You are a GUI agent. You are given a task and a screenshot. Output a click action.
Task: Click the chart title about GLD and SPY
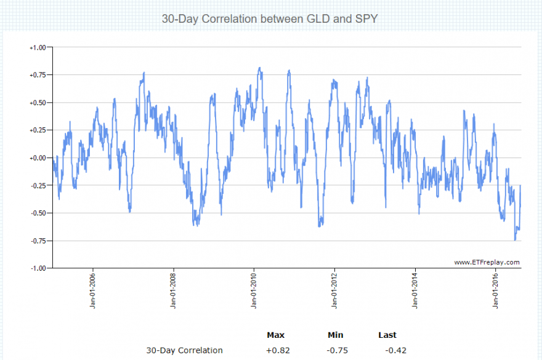click(270, 19)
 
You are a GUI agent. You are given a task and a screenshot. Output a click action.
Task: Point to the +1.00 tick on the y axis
click(38, 47)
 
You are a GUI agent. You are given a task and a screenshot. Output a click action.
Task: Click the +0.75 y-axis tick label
click(38, 75)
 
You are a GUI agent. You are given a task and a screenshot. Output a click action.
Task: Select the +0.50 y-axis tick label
click(38, 103)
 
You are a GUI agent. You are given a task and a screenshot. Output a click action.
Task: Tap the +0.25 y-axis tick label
click(38, 130)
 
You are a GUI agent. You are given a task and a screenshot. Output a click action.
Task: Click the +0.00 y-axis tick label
click(38, 158)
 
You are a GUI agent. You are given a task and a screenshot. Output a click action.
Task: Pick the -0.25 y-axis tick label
click(38, 186)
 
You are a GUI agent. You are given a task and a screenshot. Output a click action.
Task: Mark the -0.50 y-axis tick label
click(38, 214)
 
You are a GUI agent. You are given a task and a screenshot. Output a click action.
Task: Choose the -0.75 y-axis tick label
click(38, 241)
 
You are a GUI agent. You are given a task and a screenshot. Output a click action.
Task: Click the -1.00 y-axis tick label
click(38, 268)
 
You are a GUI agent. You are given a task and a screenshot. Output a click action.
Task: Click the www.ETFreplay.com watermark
click(487, 262)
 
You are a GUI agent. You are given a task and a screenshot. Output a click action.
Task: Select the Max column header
click(275, 335)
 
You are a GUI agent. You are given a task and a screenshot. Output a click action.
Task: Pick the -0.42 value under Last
click(395, 351)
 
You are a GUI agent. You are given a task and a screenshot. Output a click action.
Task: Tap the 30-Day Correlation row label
click(184, 351)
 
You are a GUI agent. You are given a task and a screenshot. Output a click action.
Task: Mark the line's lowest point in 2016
click(515, 240)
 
